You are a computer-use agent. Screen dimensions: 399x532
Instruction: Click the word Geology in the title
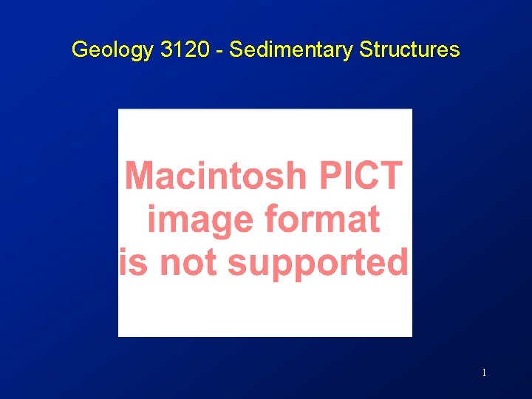[x=111, y=50]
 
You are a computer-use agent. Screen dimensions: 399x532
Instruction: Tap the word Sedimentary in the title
[x=292, y=50]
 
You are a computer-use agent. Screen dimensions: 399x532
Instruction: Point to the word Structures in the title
[x=409, y=50]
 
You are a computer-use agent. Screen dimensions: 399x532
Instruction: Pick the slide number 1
[x=484, y=373]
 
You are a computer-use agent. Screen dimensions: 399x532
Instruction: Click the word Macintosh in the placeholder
[x=215, y=176]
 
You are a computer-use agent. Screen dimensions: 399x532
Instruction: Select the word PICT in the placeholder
[x=361, y=176]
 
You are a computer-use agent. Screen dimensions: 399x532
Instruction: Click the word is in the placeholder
[x=134, y=262]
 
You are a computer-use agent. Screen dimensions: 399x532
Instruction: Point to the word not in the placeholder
[x=188, y=262]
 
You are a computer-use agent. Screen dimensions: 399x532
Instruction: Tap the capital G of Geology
[x=79, y=50]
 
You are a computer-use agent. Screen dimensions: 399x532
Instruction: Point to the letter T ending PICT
[x=392, y=176]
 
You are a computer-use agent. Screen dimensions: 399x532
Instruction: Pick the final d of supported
[x=398, y=262]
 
